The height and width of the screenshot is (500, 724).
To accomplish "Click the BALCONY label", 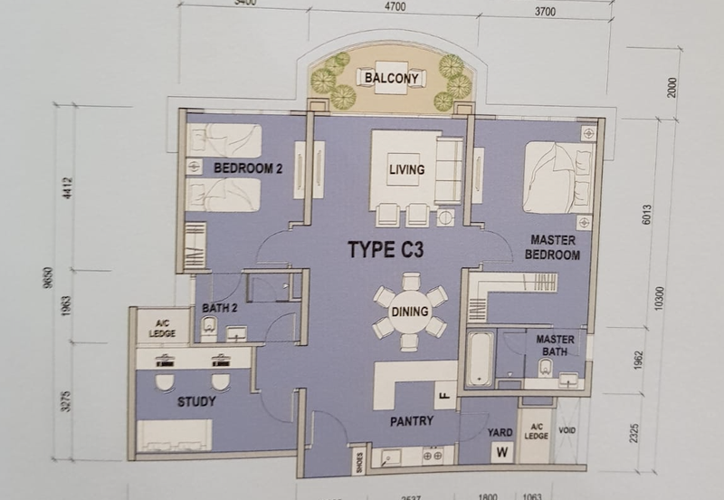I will coord(391,78).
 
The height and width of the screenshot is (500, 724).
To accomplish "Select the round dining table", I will coord(410,312).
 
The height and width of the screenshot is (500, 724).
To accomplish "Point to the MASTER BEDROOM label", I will coord(554,248).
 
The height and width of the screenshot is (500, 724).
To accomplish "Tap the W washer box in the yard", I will coord(500,452).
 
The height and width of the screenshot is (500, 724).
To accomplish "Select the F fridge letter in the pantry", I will coord(444,395).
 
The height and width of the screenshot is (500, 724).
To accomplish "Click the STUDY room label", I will coord(197,401).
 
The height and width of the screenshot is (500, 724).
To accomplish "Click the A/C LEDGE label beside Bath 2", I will coord(162,328).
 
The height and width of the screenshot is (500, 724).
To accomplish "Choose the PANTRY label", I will coord(412,421).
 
